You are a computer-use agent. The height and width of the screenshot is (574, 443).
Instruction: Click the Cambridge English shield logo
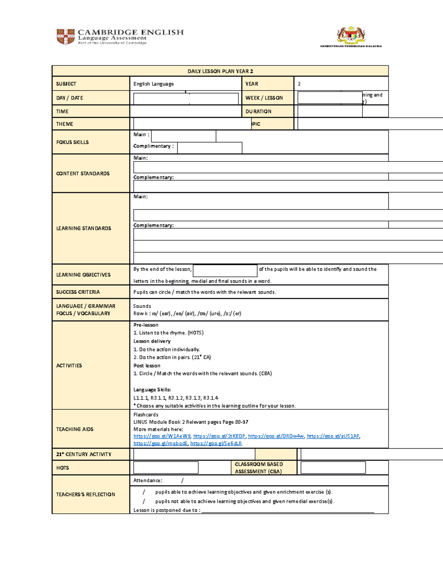click(65, 37)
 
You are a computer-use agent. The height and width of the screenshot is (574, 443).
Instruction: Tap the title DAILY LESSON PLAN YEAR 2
click(220, 71)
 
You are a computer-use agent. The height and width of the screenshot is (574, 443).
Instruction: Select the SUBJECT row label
click(66, 84)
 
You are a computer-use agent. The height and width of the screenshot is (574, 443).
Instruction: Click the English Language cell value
click(154, 84)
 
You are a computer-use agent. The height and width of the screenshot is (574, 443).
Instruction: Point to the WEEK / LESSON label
click(264, 98)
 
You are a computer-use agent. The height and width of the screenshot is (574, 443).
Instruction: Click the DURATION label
click(258, 111)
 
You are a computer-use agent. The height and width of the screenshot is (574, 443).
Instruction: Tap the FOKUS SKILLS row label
click(72, 142)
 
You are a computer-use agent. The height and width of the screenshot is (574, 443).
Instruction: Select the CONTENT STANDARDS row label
click(83, 173)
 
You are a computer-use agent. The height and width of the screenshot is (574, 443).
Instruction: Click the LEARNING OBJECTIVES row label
click(83, 275)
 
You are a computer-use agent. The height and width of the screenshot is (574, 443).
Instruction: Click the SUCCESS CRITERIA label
click(78, 292)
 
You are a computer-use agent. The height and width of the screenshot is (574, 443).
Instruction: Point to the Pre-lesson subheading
click(146, 325)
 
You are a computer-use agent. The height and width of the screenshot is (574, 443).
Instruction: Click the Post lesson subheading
click(147, 366)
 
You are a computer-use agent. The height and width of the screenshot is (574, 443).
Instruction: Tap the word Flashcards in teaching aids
click(146, 415)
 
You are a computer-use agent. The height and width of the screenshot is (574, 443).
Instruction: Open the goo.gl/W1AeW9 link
click(162, 436)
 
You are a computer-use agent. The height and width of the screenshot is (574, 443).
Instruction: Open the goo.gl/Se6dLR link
click(216, 444)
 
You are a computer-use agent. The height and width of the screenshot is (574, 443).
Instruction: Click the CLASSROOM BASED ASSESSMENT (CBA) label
click(259, 468)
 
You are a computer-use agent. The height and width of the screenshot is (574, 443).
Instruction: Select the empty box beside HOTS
click(166, 468)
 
